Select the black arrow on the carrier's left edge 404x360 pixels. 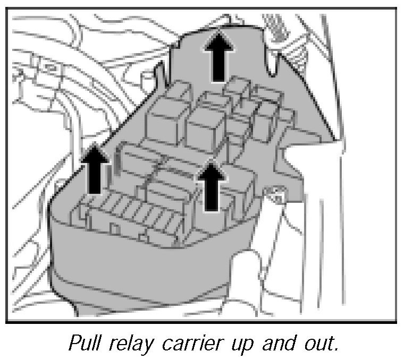point(94,169)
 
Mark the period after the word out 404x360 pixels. point(335,349)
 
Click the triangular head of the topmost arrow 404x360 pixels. point(219,41)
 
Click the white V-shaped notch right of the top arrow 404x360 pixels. point(272,61)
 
